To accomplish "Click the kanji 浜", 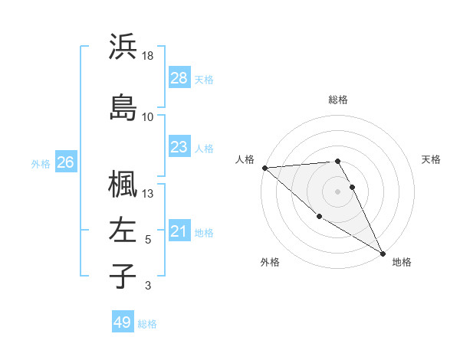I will pos(123,47).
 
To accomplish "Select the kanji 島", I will pos(123,107).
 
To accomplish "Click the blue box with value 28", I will pos(179,78).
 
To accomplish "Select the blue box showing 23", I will pos(179,147).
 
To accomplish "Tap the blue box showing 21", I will pos(179,231).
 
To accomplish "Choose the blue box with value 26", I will pos(66,162).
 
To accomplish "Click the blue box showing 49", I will pos(123,322).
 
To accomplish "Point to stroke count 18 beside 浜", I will pos(149,57).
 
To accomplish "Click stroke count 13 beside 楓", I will pos(149,194).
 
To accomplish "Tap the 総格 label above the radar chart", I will pos(338,100).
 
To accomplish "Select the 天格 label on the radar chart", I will pos(431,159).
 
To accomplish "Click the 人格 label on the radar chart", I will pos(245,159).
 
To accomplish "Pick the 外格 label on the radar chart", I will pos(270,262).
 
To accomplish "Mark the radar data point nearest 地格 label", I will pos(383,253).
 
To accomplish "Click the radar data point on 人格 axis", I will pos(264,168).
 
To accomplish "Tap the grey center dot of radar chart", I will pos(338,191).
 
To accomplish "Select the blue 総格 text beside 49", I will pos(147,324).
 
